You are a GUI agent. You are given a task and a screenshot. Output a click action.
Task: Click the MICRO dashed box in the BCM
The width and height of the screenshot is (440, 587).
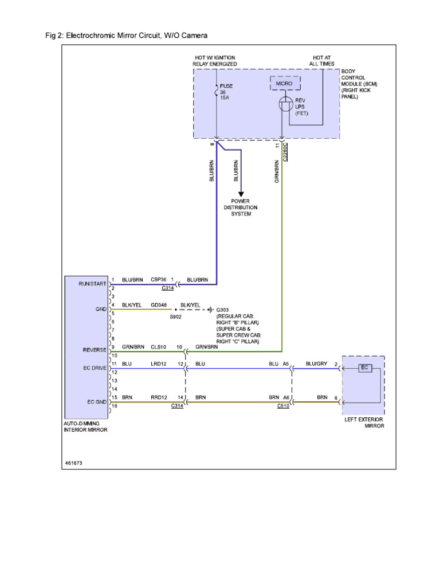click(284, 84)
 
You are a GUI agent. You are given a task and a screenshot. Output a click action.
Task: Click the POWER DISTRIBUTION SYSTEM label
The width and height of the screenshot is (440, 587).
click(244, 208)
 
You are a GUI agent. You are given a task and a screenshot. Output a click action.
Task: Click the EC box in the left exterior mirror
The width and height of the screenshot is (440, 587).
click(364, 367)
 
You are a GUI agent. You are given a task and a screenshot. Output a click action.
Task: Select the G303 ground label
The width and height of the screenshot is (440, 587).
click(222, 310)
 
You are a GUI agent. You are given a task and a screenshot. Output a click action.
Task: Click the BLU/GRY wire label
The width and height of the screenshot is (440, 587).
click(316, 363)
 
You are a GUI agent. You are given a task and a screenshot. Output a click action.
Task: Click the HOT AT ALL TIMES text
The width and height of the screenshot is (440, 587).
click(322, 61)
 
